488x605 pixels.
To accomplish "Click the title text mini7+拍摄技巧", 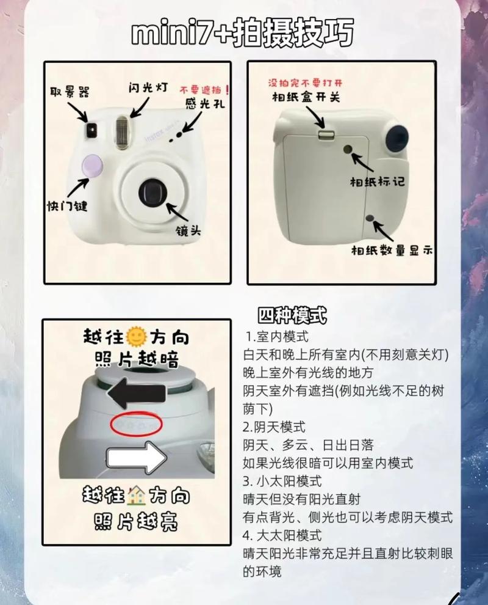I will [242, 34].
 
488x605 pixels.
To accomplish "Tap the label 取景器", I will [70, 92].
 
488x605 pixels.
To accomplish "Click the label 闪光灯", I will [149, 87].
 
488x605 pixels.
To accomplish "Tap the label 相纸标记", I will [377, 182].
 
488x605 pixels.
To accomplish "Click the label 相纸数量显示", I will [391, 249].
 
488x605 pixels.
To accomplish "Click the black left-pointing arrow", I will [136, 391].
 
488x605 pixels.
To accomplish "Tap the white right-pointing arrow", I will [136, 457].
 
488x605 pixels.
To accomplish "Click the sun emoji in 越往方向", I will [135, 336].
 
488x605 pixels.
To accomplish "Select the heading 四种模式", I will [292, 317].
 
